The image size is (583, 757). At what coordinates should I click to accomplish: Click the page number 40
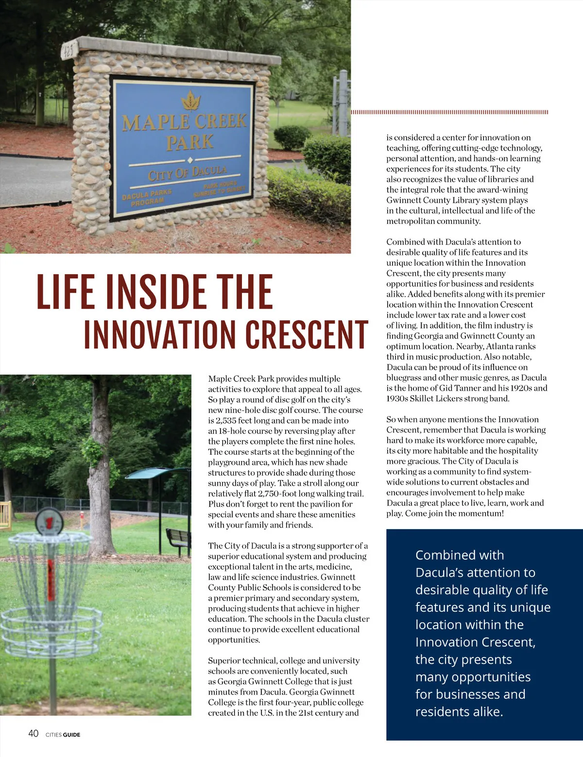33,734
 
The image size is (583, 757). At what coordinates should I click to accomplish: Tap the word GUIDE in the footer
71,735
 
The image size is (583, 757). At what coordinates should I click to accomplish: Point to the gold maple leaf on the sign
190,101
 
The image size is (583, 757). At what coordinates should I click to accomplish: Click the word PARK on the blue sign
189,142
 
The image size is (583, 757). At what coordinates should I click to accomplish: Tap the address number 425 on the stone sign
68,51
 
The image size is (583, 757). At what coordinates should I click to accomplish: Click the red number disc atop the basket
49,522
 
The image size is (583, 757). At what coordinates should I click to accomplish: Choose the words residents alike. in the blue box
459,712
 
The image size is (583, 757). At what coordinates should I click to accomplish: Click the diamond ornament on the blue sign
190,160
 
